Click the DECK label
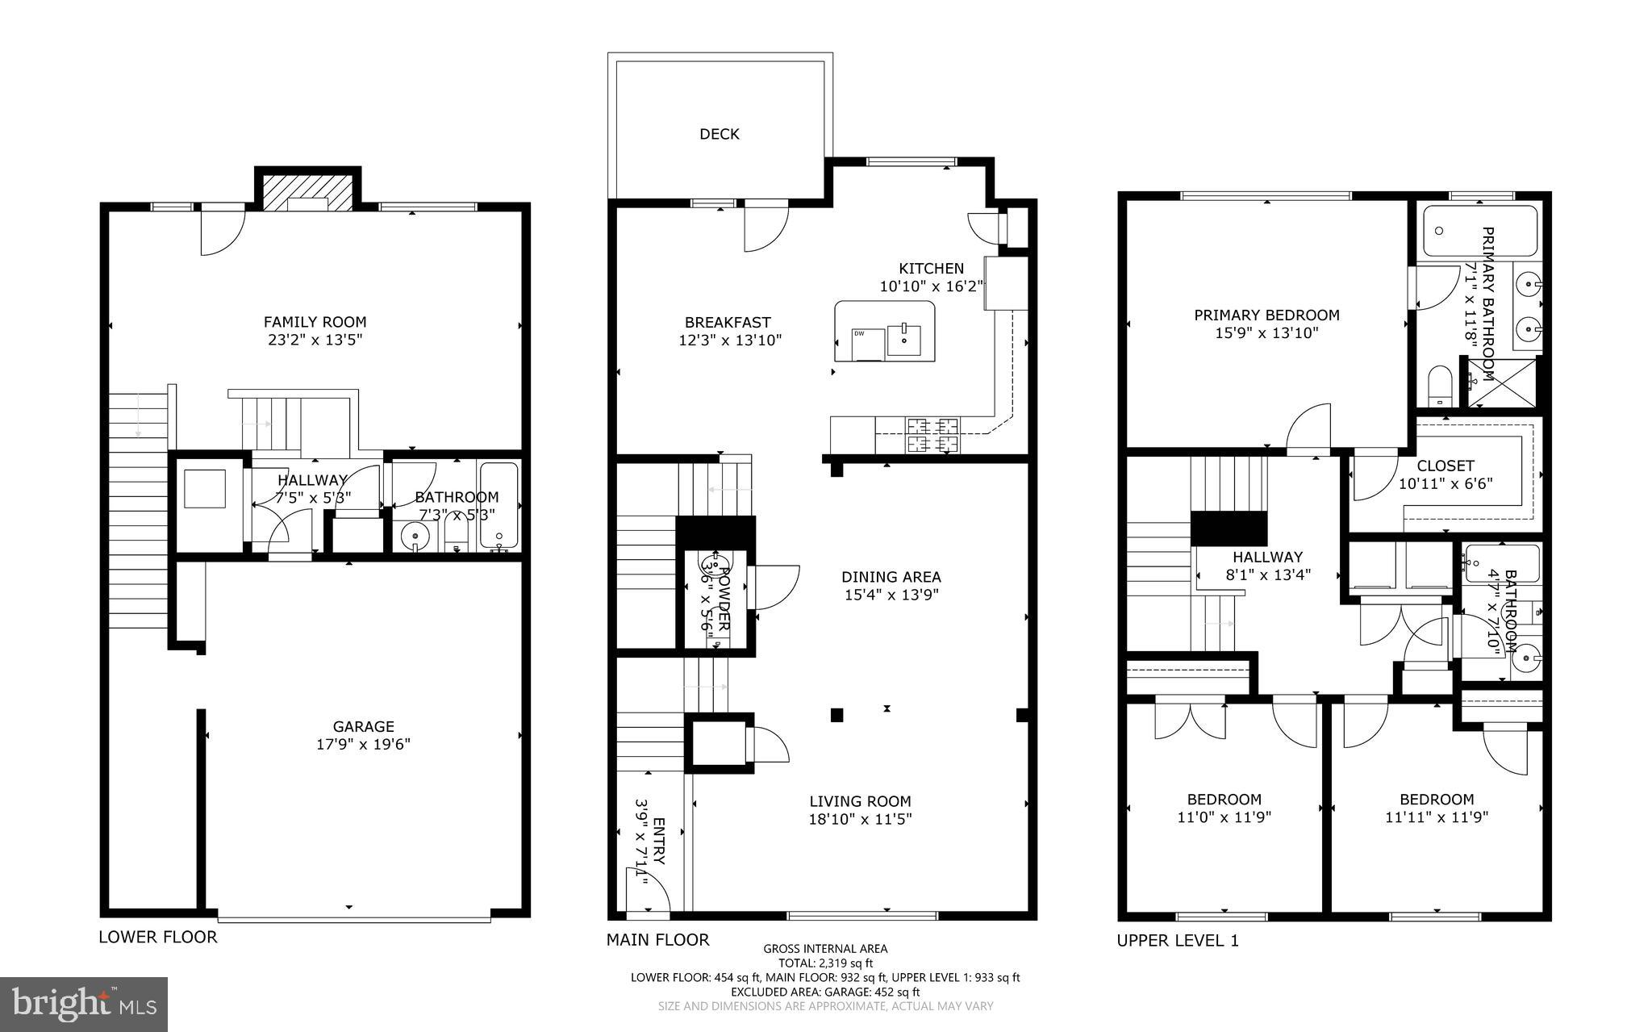tap(719, 134)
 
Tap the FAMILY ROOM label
tap(315, 322)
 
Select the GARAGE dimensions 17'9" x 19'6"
tap(363, 744)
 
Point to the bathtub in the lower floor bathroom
tap(499, 504)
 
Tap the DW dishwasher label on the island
tap(859, 333)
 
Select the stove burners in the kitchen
tap(933, 434)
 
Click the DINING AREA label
tap(891, 577)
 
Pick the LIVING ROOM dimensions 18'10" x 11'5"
tap(860, 819)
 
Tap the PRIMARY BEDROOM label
tap(1266, 315)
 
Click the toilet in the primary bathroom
tap(1438, 386)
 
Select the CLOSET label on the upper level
tap(1445, 466)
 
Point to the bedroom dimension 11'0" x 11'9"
tap(1224, 817)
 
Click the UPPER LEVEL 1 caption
tap(1177, 940)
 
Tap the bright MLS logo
tap(84, 1003)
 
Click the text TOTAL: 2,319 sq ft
tap(825, 963)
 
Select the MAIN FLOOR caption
tap(657, 939)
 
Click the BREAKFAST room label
tap(728, 323)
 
